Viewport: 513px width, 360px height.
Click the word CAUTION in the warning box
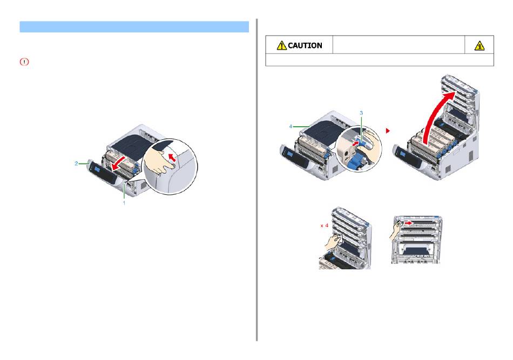click(x=305, y=45)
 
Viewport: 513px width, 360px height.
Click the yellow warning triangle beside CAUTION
click(x=281, y=45)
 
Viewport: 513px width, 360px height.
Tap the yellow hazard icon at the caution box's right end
click(x=479, y=45)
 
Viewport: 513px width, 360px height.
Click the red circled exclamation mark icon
click(x=24, y=63)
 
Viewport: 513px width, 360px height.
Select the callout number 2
click(x=77, y=162)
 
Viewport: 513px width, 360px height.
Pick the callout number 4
click(x=292, y=126)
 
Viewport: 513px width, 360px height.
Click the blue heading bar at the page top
click(x=134, y=27)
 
